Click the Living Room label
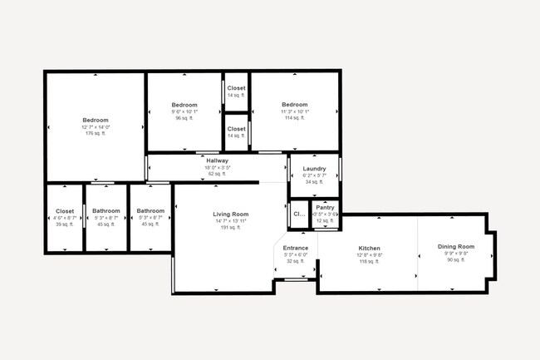click(230, 215)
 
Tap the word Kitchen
click(369, 249)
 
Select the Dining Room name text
click(456, 247)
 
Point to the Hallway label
click(217, 160)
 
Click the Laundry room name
click(314, 169)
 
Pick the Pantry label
click(325, 207)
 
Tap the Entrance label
click(296, 248)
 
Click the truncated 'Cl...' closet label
click(298, 214)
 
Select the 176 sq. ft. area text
click(96, 134)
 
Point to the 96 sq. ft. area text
click(184, 118)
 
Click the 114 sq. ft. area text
click(294, 118)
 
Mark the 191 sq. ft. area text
click(230, 228)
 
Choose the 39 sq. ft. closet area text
click(65, 224)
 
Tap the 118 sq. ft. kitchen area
click(369, 262)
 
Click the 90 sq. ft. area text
click(456, 260)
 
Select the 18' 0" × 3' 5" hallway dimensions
click(217, 167)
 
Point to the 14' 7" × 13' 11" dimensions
click(230, 221)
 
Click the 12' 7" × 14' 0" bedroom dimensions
click(96, 127)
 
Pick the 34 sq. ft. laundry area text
click(314, 182)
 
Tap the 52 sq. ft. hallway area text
click(217, 174)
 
